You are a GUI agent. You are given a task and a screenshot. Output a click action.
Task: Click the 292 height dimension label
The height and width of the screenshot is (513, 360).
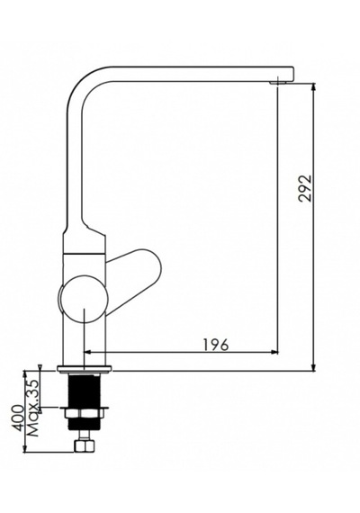[x=305, y=189]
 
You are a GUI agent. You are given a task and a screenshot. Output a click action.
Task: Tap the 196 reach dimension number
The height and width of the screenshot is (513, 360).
[x=216, y=345]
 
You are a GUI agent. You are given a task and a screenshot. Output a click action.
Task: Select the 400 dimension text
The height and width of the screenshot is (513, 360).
[x=18, y=418]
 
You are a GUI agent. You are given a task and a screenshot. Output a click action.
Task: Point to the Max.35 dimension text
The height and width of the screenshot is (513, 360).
[x=33, y=409]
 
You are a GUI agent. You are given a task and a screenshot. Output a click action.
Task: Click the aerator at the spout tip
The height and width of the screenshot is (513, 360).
[x=278, y=83]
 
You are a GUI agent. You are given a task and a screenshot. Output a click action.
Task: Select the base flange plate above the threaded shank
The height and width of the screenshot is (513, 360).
[x=85, y=369]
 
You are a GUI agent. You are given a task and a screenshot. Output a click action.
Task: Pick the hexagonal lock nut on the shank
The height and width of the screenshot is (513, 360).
[x=85, y=414]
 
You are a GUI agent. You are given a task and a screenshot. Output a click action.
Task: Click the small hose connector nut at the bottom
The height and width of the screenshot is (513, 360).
[x=85, y=445]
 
